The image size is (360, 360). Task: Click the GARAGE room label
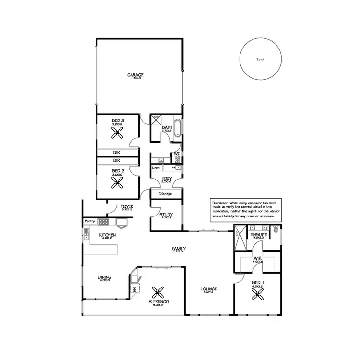[135, 75]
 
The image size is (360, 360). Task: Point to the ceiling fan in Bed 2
[118, 182]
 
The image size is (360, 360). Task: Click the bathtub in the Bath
[177, 127]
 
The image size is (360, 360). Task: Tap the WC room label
[177, 154]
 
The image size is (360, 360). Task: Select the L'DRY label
[166, 178]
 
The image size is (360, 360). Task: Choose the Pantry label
[90, 221]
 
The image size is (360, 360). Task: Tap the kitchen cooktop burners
[103, 222]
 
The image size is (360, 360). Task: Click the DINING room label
[105, 277]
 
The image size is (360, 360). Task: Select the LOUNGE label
[210, 289]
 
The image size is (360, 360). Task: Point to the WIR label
[258, 258]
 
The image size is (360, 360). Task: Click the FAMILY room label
[179, 248]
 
